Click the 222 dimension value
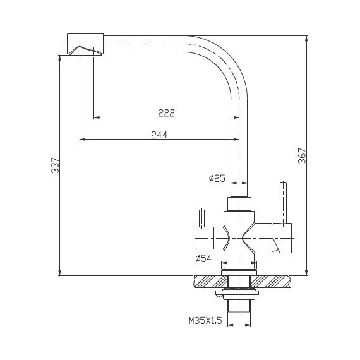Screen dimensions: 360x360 (x=166, y=112)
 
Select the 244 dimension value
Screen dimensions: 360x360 (x=159, y=135)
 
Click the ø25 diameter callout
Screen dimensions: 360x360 (x=217, y=179)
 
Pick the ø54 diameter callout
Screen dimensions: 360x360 (x=203, y=258)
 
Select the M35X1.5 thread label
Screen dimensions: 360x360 (x=205, y=321)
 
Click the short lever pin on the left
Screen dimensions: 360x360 (x=201, y=217)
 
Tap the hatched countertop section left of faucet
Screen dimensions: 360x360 (x=208, y=282)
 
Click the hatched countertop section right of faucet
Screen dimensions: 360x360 (x=275, y=282)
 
